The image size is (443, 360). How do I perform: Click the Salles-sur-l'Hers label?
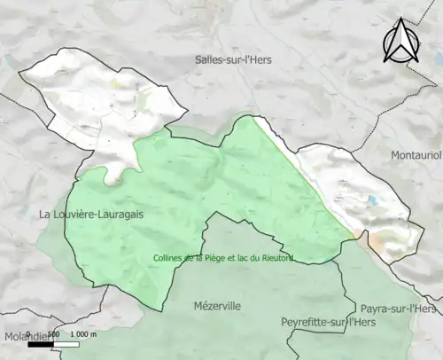[233, 59]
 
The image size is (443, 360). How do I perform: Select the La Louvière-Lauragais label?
[91, 215]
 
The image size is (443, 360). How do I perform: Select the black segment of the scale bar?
[41, 341]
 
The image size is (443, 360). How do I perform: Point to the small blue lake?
[373, 200]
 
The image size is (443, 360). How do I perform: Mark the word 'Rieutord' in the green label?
[276, 259]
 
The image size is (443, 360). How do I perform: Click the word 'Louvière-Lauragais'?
[101, 215]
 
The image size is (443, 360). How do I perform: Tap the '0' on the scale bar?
[28, 333]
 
